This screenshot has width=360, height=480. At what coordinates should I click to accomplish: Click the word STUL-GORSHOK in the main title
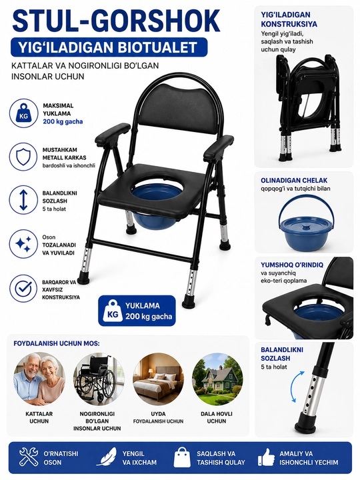tap(116, 21)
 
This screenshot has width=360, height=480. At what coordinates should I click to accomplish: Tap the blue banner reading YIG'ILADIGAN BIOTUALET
tap(109, 47)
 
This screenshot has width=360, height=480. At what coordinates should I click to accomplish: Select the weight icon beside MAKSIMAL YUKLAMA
tap(23, 113)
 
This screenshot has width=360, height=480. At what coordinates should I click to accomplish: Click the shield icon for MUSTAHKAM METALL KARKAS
tap(23, 157)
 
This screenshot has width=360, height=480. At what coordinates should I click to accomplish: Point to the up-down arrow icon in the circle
tap(23, 201)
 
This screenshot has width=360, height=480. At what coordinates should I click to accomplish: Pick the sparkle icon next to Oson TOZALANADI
tap(23, 244)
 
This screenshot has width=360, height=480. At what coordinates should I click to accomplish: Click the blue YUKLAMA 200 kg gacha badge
tap(137, 311)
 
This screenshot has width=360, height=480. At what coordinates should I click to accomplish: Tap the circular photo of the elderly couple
tap(39, 379)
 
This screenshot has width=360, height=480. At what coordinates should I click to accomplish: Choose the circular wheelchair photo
tap(98, 379)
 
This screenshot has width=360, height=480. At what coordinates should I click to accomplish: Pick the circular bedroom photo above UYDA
tap(158, 379)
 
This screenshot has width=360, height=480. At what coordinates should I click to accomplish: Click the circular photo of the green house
tap(217, 379)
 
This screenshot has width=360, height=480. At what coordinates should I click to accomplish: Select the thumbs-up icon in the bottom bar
tap(266, 457)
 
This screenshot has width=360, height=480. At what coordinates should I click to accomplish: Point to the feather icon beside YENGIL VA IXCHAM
tap(107, 457)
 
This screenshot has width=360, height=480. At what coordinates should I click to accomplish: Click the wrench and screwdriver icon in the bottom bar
tap(29, 457)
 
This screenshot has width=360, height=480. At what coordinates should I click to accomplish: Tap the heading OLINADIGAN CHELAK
tap(294, 181)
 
